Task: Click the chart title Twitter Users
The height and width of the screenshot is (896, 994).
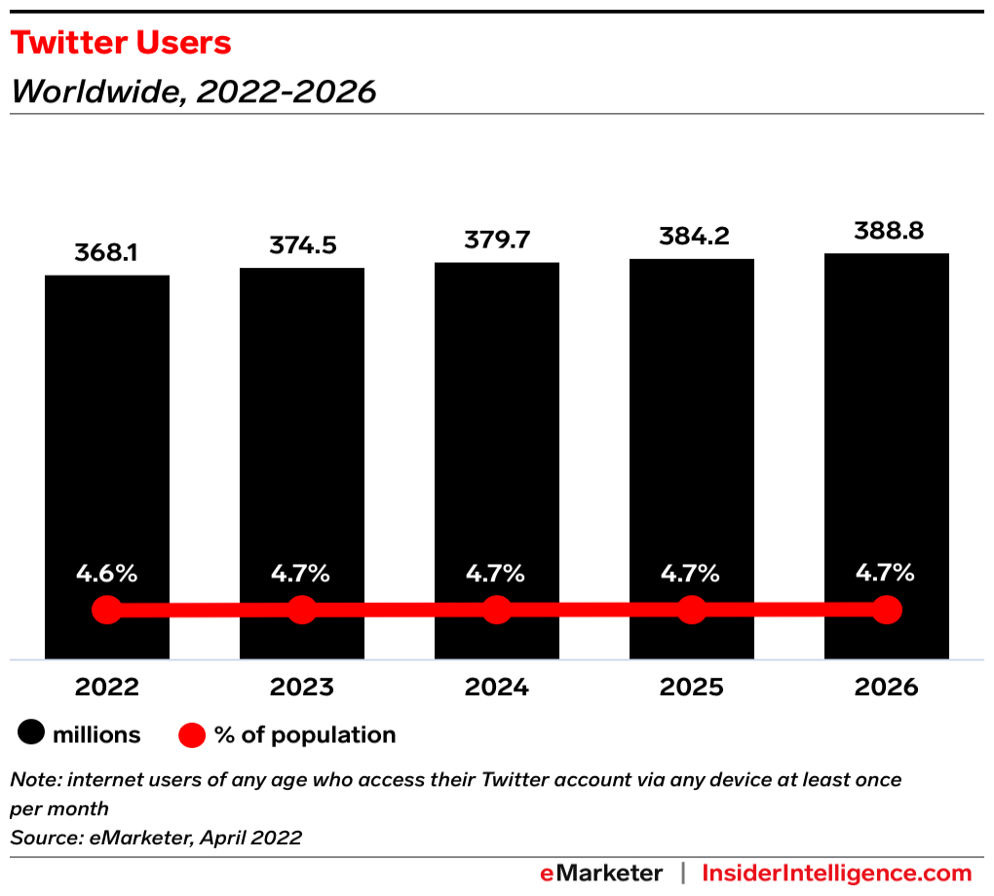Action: point(121,43)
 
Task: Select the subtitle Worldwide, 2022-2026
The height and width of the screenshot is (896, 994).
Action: point(193,92)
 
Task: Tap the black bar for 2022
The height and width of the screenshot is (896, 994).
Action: point(107,438)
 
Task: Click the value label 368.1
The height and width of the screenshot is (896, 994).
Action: point(107,252)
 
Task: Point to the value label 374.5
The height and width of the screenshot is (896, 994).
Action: point(302,245)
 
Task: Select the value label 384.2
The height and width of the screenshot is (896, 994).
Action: point(692,237)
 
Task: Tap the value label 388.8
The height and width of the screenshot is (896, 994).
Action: point(887,231)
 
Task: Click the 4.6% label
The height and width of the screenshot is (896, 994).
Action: point(107,573)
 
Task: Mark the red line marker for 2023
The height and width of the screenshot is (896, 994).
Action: point(302,611)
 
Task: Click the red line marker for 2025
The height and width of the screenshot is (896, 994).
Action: point(692,611)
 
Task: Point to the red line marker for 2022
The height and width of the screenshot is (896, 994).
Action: point(107,611)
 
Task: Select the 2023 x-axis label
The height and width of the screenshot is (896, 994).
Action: point(302,688)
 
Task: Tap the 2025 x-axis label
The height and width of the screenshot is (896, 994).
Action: point(692,688)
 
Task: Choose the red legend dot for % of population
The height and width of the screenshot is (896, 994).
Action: point(193,735)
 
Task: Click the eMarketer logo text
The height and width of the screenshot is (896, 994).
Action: point(601,873)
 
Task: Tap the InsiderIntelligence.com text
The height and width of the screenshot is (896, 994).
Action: point(837,873)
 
